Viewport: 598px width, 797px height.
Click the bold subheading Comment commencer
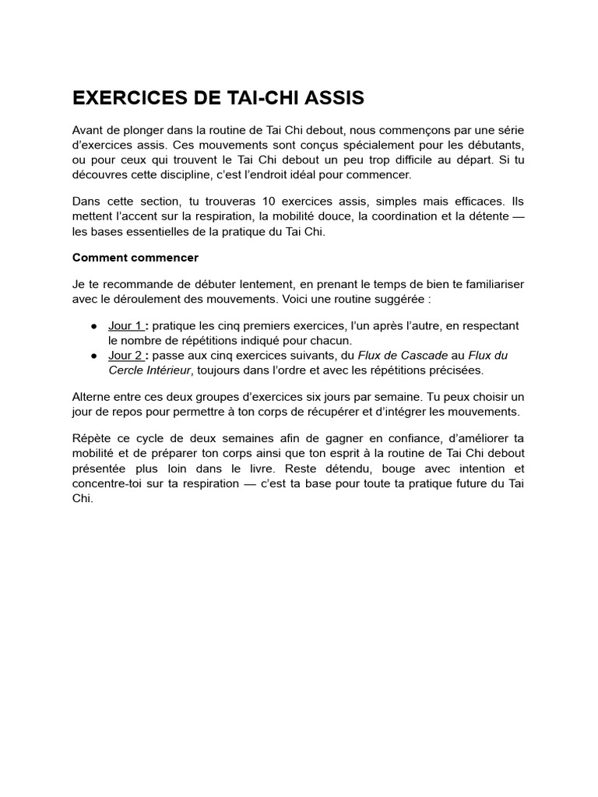click(135, 257)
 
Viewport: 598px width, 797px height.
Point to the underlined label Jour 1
click(125, 325)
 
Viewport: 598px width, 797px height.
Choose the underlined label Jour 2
click(125, 355)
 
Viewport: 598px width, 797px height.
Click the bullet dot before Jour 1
click(94, 325)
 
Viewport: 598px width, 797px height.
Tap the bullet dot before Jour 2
click(94, 355)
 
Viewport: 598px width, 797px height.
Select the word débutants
click(496, 146)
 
